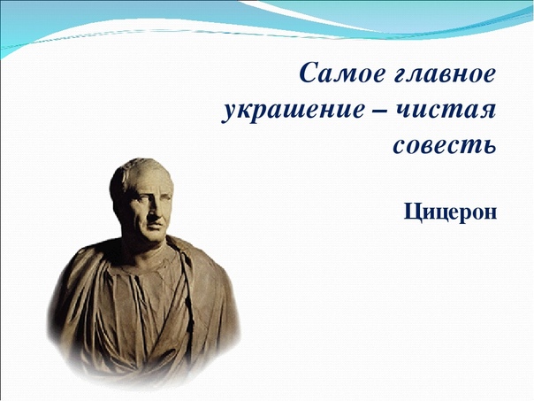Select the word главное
point(445,73)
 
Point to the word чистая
point(446,111)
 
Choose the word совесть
point(445,145)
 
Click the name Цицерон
point(450,212)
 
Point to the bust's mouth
point(155,225)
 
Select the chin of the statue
point(156,237)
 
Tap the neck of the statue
point(143,248)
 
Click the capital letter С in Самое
point(310,73)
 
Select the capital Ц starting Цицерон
point(412,212)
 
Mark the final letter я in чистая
point(488,112)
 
